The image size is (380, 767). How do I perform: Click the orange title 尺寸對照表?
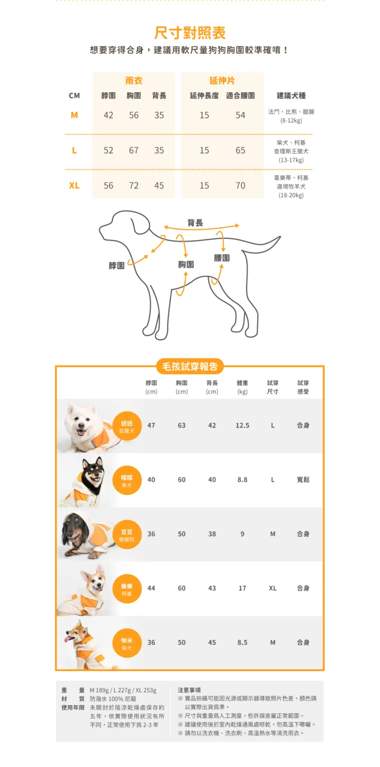[x=190, y=33]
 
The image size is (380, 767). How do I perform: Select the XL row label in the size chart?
[x=74, y=186]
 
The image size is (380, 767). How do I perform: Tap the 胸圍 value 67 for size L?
[x=134, y=150]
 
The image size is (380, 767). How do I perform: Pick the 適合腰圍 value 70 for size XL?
[x=240, y=186]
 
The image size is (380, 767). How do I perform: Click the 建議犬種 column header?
[x=291, y=95]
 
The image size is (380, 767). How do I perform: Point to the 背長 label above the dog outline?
[x=195, y=223]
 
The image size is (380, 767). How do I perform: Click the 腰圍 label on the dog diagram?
[x=222, y=258]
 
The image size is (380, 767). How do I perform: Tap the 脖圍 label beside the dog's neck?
[x=116, y=266]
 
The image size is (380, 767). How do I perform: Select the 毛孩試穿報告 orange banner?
[x=190, y=367]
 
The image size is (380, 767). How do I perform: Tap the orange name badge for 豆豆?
[x=127, y=534]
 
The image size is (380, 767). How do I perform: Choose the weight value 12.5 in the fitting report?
[x=242, y=425]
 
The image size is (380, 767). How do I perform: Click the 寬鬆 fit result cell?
[x=303, y=480]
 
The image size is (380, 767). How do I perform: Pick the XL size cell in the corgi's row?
[x=273, y=588]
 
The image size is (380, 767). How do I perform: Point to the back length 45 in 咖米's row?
[x=212, y=642]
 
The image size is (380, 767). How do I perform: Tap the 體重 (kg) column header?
[x=242, y=387]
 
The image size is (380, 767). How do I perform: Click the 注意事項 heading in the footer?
[x=189, y=690]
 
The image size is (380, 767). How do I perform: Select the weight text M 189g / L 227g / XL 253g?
[x=123, y=690]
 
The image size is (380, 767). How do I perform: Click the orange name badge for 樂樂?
[x=127, y=589]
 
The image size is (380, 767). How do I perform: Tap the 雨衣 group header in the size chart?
[x=134, y=81]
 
